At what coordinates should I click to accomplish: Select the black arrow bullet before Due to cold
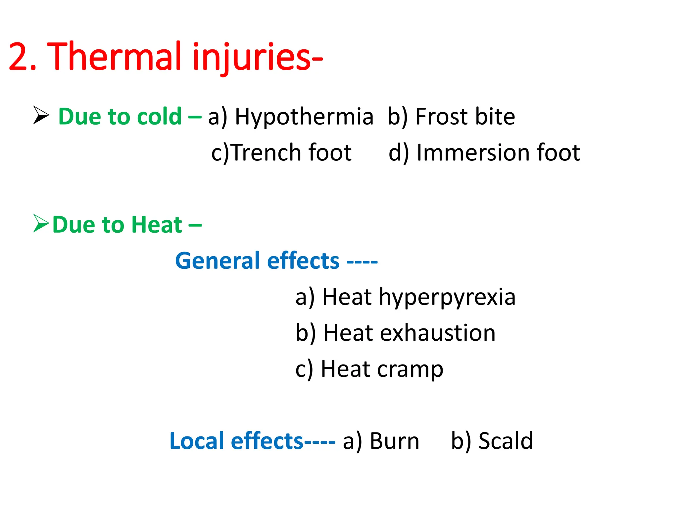[x=41, y=115]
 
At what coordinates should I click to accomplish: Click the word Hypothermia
[x=304, y=117]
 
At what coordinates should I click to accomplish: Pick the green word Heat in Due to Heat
[x=157, y=225]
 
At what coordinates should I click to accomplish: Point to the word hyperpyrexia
[x=447, y=297]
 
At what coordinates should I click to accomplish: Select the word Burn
[x=394, y=441]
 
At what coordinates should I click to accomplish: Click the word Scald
[x=506, y=441]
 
